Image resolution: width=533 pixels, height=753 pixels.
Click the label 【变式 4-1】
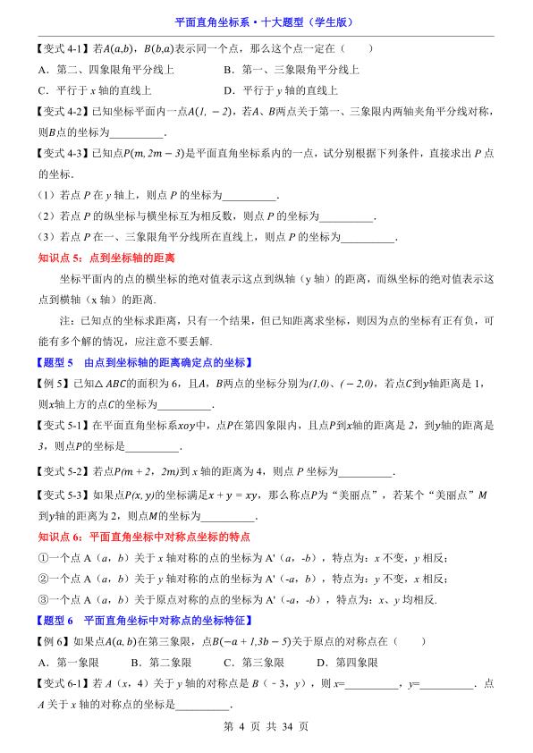tap(61, 50)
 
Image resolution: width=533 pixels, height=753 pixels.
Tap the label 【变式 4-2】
tap(61, 111)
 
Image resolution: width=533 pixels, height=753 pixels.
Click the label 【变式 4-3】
tap(61, 155)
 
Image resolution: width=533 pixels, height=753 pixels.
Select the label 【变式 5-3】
tap(61, 495)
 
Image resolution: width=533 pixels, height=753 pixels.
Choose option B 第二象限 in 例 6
tap(162, 663)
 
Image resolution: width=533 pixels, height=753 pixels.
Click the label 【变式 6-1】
tap(61, 684)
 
